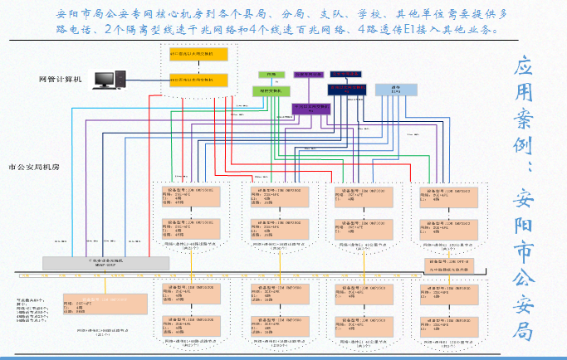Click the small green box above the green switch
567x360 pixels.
tap(266, 75)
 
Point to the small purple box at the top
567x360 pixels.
tap(310, 74)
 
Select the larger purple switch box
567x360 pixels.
tap(311, 107)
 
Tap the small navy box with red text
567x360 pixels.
tap(345, 74)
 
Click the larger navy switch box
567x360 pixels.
tap(347, 86)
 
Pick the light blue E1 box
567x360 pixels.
tap(395, 89)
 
